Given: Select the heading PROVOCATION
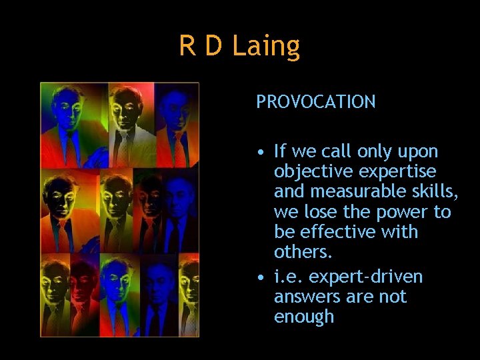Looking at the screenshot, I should click(316, 102).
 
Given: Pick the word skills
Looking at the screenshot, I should click(435, 192).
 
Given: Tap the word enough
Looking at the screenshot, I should click(304, 317).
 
